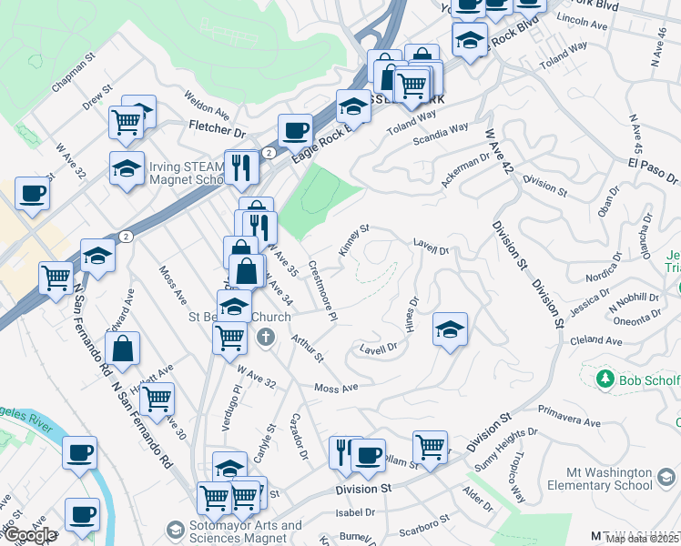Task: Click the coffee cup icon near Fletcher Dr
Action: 294,130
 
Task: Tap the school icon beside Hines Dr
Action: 449,329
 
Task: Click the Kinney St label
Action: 352,241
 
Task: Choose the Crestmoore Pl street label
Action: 323,290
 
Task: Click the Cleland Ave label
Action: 597,340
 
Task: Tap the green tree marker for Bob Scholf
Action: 604,377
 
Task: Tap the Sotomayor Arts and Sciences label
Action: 246,532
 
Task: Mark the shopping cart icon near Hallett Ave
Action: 157,398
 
